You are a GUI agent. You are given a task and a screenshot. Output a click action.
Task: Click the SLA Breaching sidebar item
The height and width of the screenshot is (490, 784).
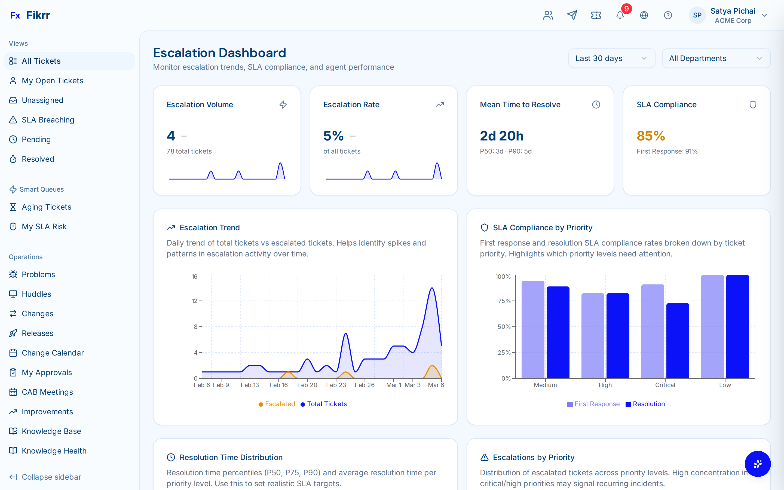48,120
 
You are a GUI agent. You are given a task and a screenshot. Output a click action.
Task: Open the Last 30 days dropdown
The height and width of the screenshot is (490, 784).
611,58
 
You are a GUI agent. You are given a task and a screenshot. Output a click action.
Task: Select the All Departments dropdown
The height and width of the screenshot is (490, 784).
716,58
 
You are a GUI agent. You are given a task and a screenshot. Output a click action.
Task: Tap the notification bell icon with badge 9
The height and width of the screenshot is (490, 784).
620,15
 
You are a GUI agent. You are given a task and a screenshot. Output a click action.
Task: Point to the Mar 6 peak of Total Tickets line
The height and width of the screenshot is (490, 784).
432,288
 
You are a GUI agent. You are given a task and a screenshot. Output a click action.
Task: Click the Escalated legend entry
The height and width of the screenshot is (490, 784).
277,404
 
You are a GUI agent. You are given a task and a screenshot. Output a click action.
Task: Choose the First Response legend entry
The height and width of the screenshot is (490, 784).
593,404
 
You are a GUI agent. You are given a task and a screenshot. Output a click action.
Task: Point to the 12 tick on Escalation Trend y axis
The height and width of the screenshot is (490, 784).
194,301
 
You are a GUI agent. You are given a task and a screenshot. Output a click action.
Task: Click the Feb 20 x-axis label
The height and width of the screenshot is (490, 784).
307,385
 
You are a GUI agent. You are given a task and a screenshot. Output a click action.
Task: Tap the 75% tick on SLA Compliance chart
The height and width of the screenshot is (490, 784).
504,301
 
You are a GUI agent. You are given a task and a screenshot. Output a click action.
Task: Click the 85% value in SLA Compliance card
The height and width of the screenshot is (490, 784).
651,136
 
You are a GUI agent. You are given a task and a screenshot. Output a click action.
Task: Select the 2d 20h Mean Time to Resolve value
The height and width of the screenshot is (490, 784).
501,136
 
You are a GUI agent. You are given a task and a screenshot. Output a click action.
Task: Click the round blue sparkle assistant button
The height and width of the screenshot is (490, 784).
757,464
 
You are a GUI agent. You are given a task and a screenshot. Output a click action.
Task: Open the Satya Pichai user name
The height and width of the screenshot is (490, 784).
733,11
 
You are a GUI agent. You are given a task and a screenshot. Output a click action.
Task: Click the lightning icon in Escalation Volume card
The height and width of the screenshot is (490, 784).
283,105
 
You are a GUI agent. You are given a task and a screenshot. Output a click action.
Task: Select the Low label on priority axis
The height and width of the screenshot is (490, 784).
725,385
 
